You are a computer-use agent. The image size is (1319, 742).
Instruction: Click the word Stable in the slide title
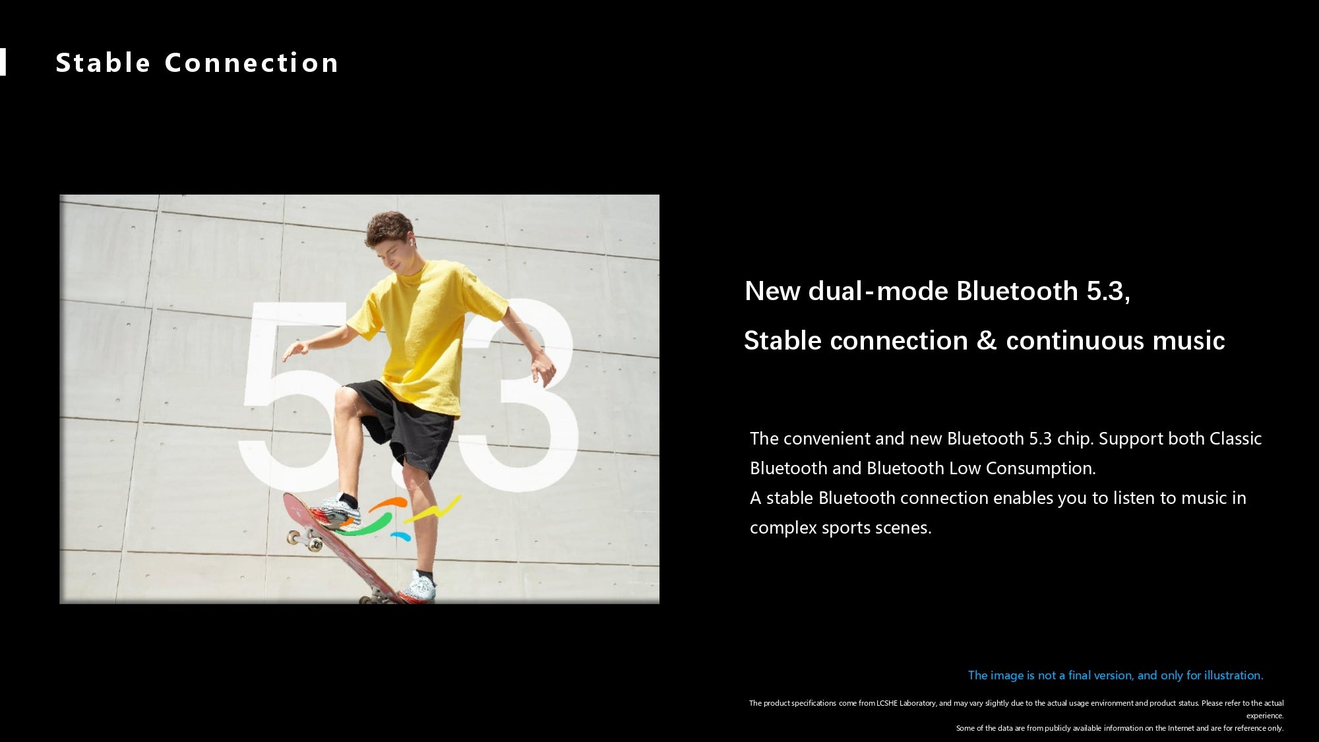click(x=104, y=63)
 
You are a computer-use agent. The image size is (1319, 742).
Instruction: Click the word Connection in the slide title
click(x=251, y=63)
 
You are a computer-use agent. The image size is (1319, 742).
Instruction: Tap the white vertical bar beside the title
click(x=3, y=62)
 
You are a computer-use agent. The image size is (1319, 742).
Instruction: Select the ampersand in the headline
click(x=986, y=341)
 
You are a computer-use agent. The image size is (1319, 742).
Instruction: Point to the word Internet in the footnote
click(x=1179, y=728)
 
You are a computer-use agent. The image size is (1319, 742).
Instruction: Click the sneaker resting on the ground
click(x=418, y=588)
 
